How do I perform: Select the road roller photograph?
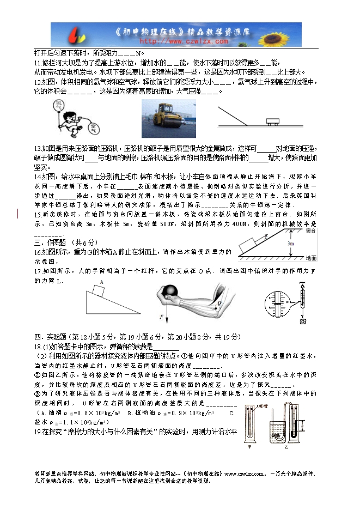[168, 118]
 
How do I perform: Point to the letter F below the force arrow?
[162, 317]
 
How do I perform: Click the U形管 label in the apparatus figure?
[263, 407]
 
